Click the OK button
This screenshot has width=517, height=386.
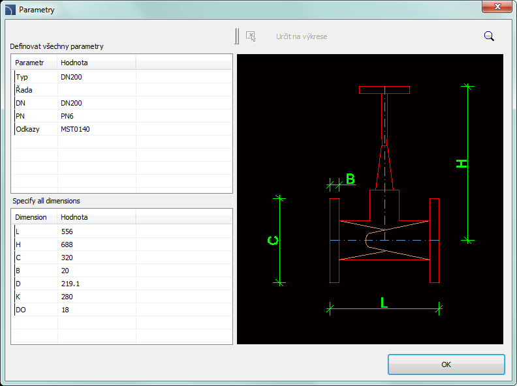pyautogui.click(x=446, y=364)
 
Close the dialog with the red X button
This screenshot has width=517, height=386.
pyautogui.click(x=497, y=7)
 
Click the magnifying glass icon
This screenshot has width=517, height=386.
pyautogui.click(x=489, y=37)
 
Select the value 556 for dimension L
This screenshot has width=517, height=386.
pyautogui.click(x=67, y=231)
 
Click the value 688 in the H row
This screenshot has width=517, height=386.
pyautogui.click(x=67, y=245)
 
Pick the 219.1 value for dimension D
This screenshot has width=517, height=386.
pyautogui.click(x=70, y=284)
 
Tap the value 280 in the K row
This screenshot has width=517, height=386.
pyautogui.click(x=67, y=297)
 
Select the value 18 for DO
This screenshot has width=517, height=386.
pyautogui.click(x=65, y=310)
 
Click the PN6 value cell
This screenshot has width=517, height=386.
pyautogui.click(x=67, y=116)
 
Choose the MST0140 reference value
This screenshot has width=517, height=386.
pyautogui.click(x=75, y=129)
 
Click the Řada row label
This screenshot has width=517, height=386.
pyautogui.click(x=24, y=90)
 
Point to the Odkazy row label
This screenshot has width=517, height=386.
pyautogui.click(x=27, y=129)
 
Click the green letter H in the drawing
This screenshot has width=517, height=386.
pyautogui.click(x=462, y=164)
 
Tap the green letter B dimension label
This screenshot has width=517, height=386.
pyautogui.click(x=351, y=179)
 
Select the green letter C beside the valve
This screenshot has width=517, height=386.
pyautogui.click(x=273, y=241)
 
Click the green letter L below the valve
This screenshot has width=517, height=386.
pyautogui.click(x=384, y=303)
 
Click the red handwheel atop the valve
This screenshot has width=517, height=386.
pyautogui.click(x=384, y=90)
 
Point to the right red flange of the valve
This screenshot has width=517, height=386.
pyautogui.click(x=434, y=241)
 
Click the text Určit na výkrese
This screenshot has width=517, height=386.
pyautogui.click(x=302, y=37)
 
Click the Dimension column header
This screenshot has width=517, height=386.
pyautogui.click(x=31, y=217)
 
